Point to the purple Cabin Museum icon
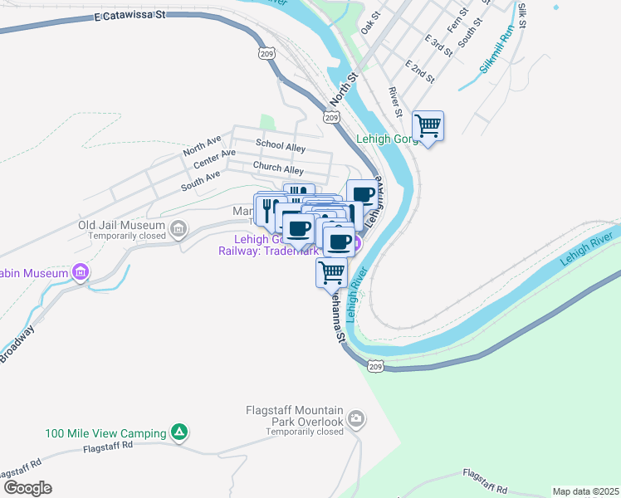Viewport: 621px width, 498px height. point(81,271)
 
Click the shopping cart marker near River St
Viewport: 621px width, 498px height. point(428,126)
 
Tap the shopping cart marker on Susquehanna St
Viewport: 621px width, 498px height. point(331,271)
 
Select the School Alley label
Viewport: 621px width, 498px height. point(281,146)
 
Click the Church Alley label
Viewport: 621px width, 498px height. point(278,168)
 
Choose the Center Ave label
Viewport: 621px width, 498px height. point(214,159)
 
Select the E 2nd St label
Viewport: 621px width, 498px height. point(420,71)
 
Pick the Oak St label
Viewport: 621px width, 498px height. point(370,22)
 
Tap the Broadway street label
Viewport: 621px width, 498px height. point(17,343)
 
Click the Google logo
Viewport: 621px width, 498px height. point(27,488)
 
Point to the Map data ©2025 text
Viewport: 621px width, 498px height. point(584,491)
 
